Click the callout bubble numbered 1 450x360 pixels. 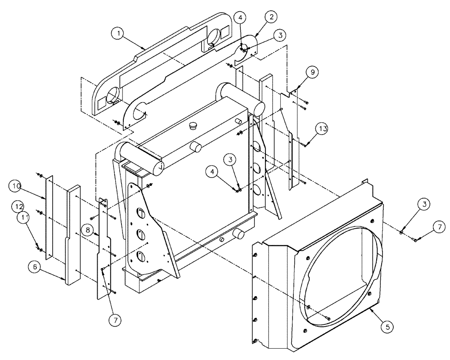[118, 33]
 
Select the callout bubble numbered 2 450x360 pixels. [271, 17]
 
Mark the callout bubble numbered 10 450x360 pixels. [16, 186]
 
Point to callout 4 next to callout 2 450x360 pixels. [241, 18]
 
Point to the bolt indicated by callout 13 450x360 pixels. [306, 144]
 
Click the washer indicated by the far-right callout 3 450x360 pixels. [401, 233]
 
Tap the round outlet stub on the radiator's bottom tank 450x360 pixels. [238, 234]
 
